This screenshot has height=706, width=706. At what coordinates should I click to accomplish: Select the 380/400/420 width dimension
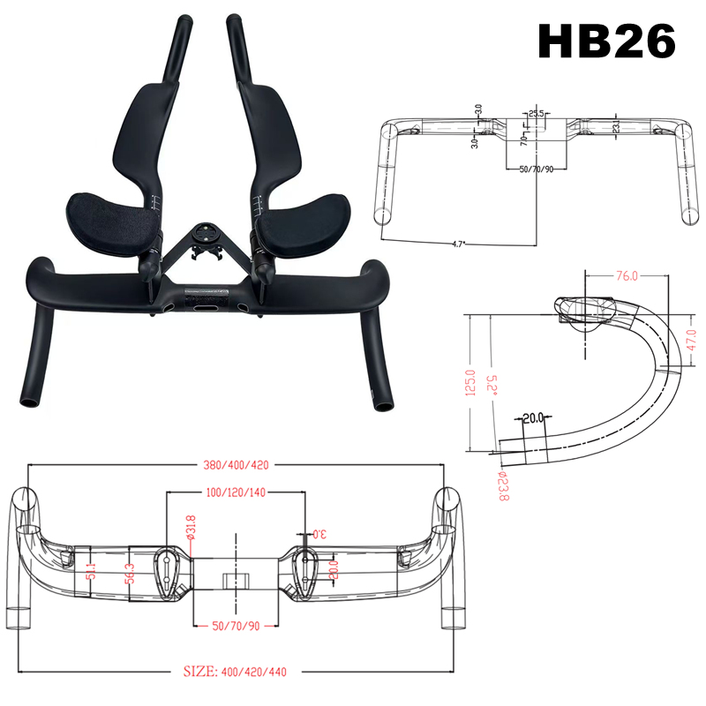[x=235, y=465]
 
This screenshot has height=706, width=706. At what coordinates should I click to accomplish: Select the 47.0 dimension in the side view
[x=690, y=339]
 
